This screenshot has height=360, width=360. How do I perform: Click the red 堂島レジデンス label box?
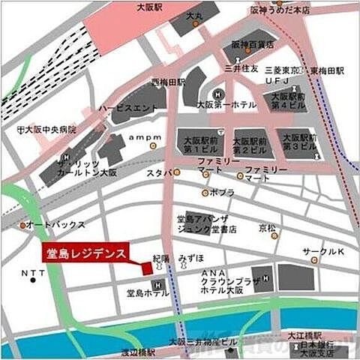85,252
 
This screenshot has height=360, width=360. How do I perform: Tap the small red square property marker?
147,267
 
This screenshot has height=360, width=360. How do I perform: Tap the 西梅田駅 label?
166,81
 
